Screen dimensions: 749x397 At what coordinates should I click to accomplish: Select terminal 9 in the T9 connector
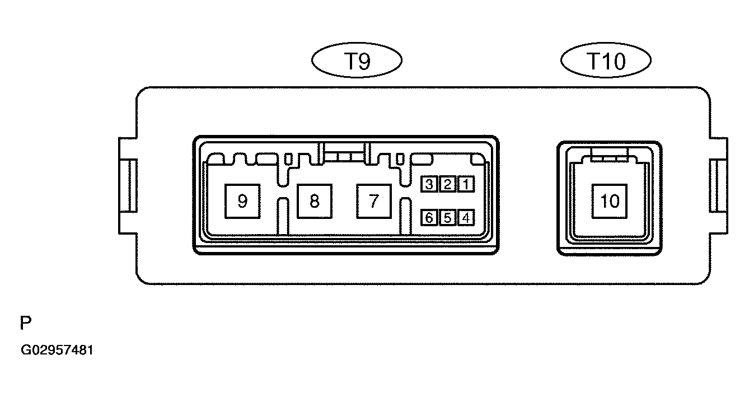(x=242, y=202)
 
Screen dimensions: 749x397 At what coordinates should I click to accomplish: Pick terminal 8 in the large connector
(x=315, y=202)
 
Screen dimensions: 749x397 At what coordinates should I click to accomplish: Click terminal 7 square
(x=374, y=202)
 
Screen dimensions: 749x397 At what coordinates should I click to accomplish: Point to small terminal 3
(x=429, y=184)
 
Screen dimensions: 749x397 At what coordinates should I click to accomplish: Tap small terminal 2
(x=448, y=184)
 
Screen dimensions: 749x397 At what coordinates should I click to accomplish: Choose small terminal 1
(x=466, y=184)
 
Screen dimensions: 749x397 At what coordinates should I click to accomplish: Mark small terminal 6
(x=429, y=218)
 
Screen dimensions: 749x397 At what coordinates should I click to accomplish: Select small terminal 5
(x=448, y=218)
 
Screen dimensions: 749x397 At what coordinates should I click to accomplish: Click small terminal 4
(x=466, y=218)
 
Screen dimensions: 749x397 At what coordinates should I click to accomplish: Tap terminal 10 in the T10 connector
(x=610, y=202)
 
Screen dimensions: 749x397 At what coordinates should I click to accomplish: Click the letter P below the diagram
(x=25, y=323)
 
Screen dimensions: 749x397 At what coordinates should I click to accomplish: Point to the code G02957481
(x=57, y=350)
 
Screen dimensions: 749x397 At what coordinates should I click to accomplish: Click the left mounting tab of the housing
(x=128, y=186)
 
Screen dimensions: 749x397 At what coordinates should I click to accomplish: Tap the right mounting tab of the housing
(x=719, y=186)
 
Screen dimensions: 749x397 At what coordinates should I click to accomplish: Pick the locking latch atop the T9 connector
(x=344, y=154)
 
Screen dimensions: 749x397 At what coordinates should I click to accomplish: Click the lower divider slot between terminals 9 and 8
(x=283, y=216)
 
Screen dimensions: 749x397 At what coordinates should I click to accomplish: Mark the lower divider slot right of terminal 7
(x=406, y=216)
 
